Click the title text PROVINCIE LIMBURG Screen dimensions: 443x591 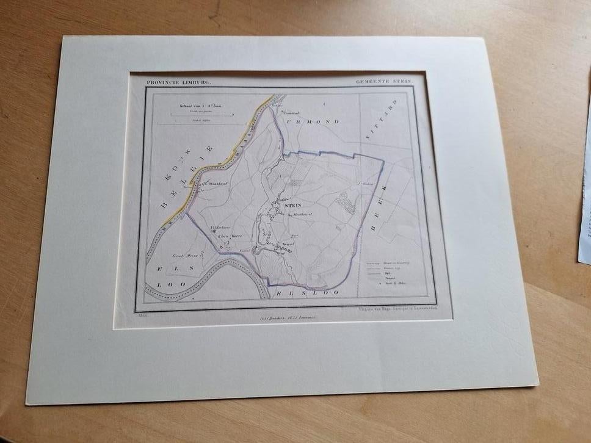pos(178,82)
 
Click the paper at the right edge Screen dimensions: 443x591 pos(584,195)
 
